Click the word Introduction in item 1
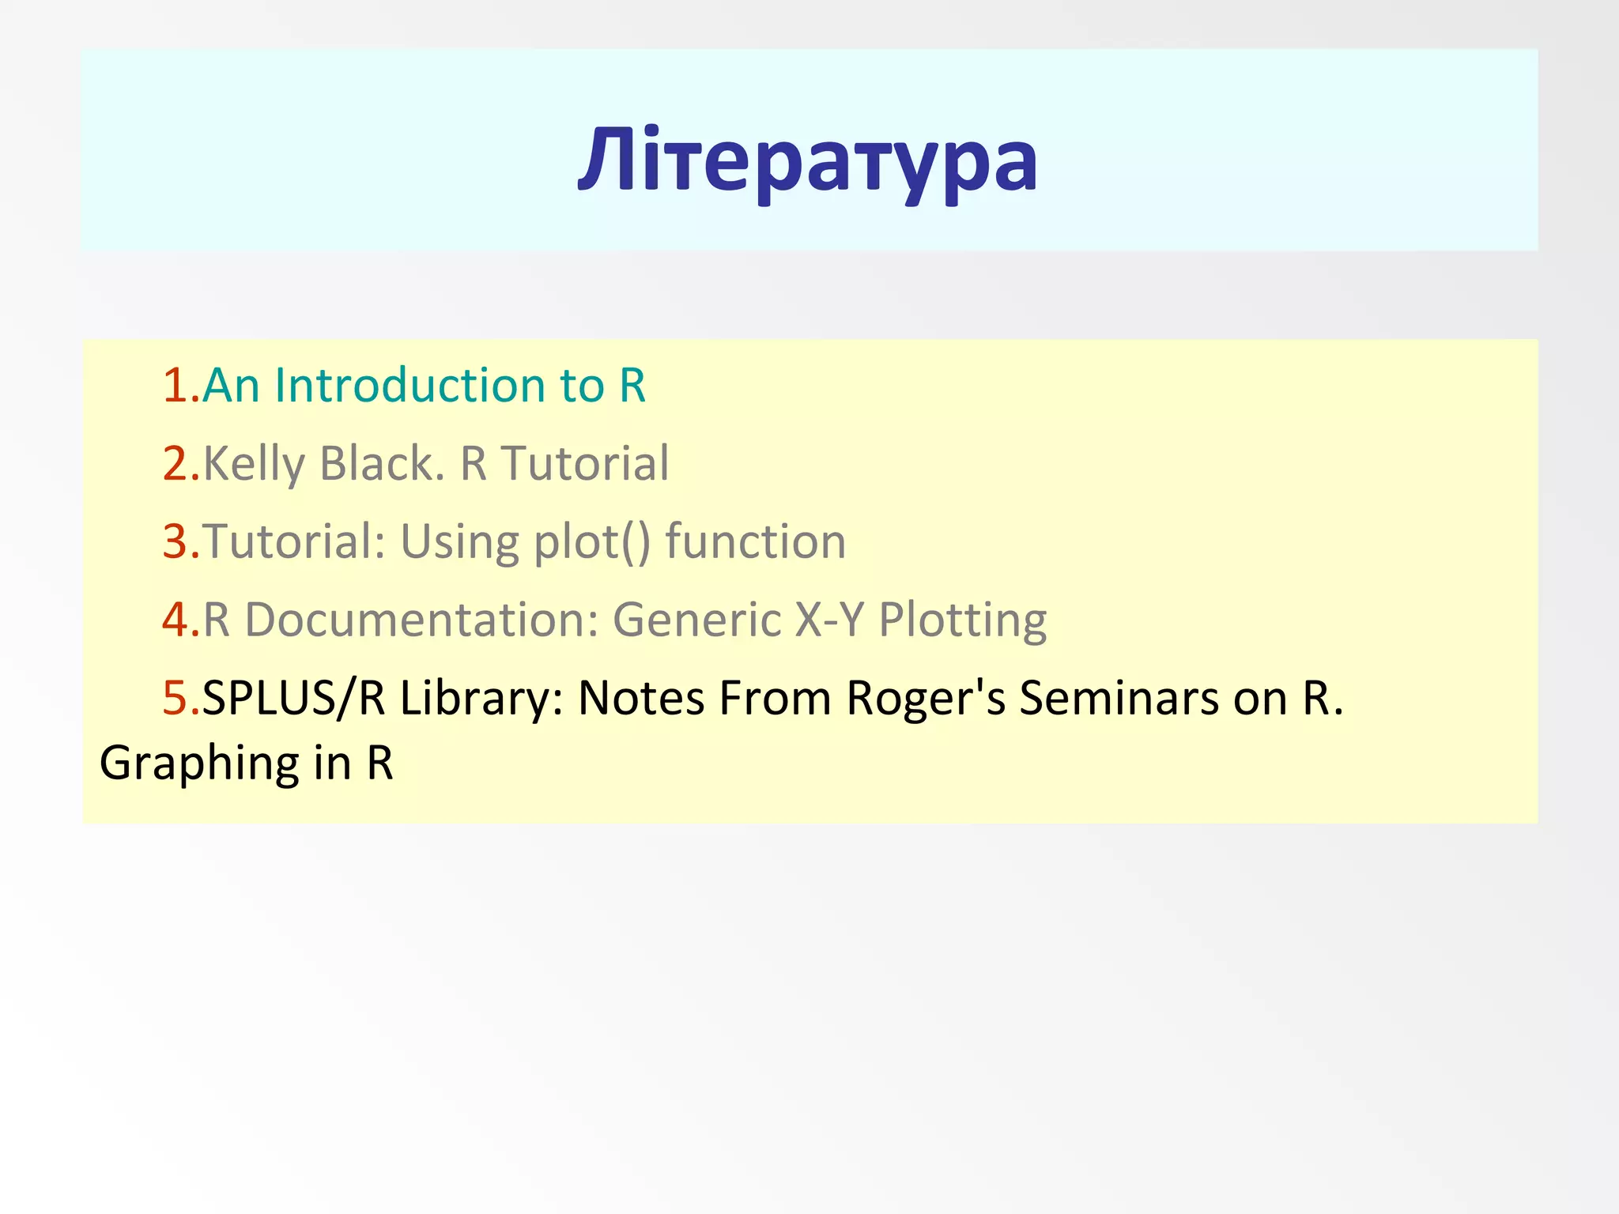click(409, 386)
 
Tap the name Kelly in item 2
click(253, 464)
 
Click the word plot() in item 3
click(591, 542)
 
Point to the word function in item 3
click(755, 542)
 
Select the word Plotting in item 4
click(962, 620)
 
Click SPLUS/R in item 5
click(293, 698)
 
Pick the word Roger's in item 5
click(926, 699)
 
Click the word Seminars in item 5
click(1108, 698)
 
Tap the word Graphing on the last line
click(198, 764)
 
